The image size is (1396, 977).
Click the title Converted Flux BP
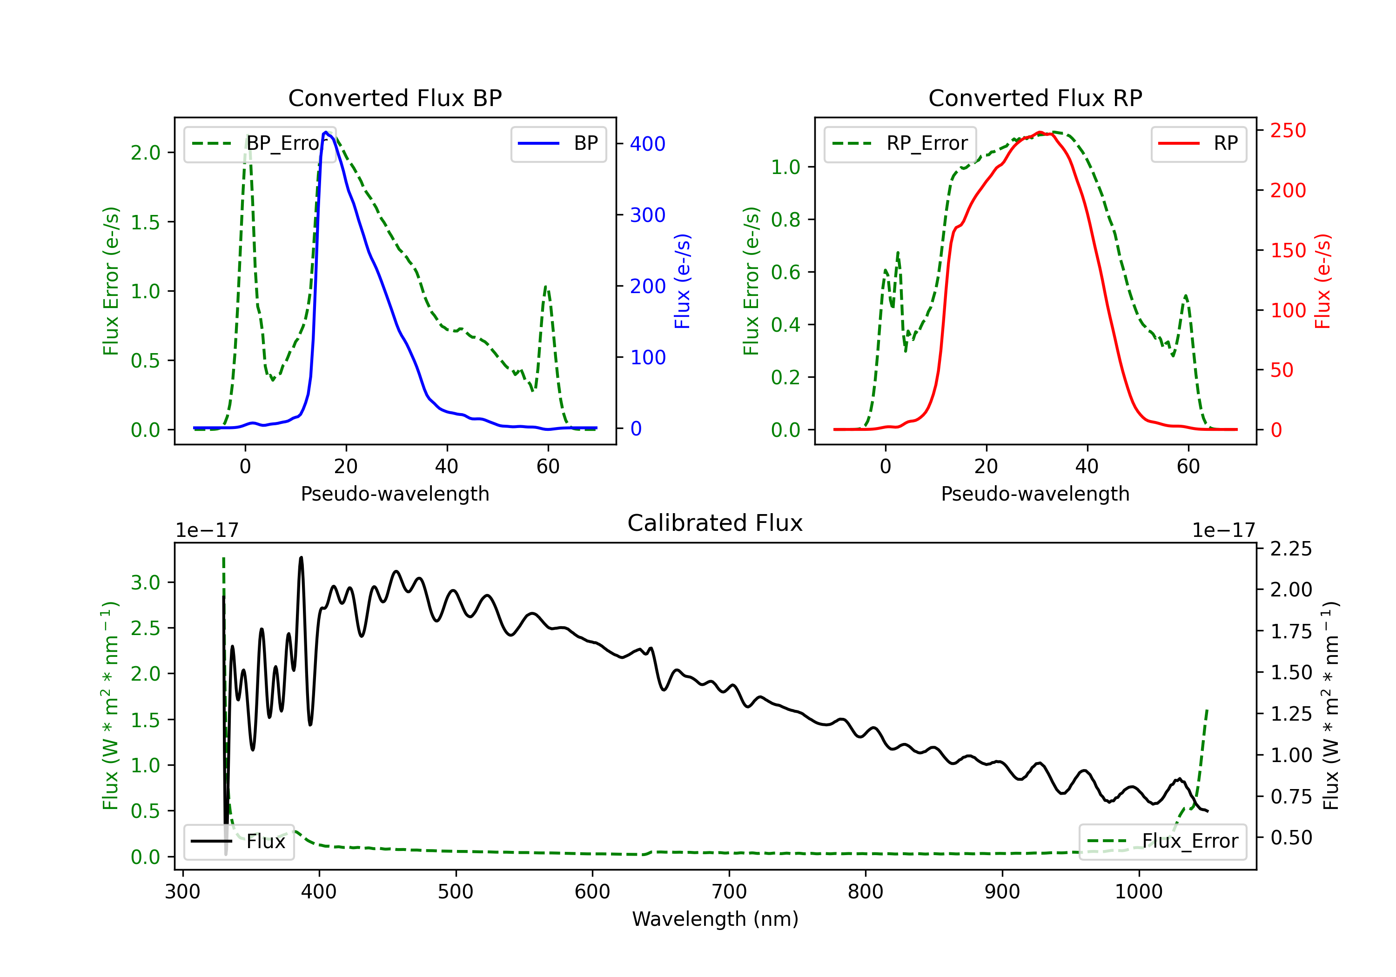(x=395, y=98)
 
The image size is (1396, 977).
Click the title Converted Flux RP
(x=1035, y=98)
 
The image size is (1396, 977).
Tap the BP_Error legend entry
(x=260, y=143)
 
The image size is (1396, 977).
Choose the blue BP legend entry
(x=558, y=143)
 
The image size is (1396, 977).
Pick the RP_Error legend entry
(x=900, y=143)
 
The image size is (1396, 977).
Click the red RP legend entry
(x=1198, y=143)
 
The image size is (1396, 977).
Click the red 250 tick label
(x=1288, y=131)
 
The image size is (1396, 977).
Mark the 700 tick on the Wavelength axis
(x=729, y=892)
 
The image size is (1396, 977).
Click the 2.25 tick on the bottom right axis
(x=1291, y=549)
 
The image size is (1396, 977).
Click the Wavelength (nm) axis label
(x=715, y=919)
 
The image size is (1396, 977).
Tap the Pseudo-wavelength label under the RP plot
(x=1035, y=494)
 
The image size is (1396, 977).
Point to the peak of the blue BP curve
(x=326, y=132)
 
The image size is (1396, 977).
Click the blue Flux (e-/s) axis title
(x=682, y=281)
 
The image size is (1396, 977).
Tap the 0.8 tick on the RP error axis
(x=785, y=220)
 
